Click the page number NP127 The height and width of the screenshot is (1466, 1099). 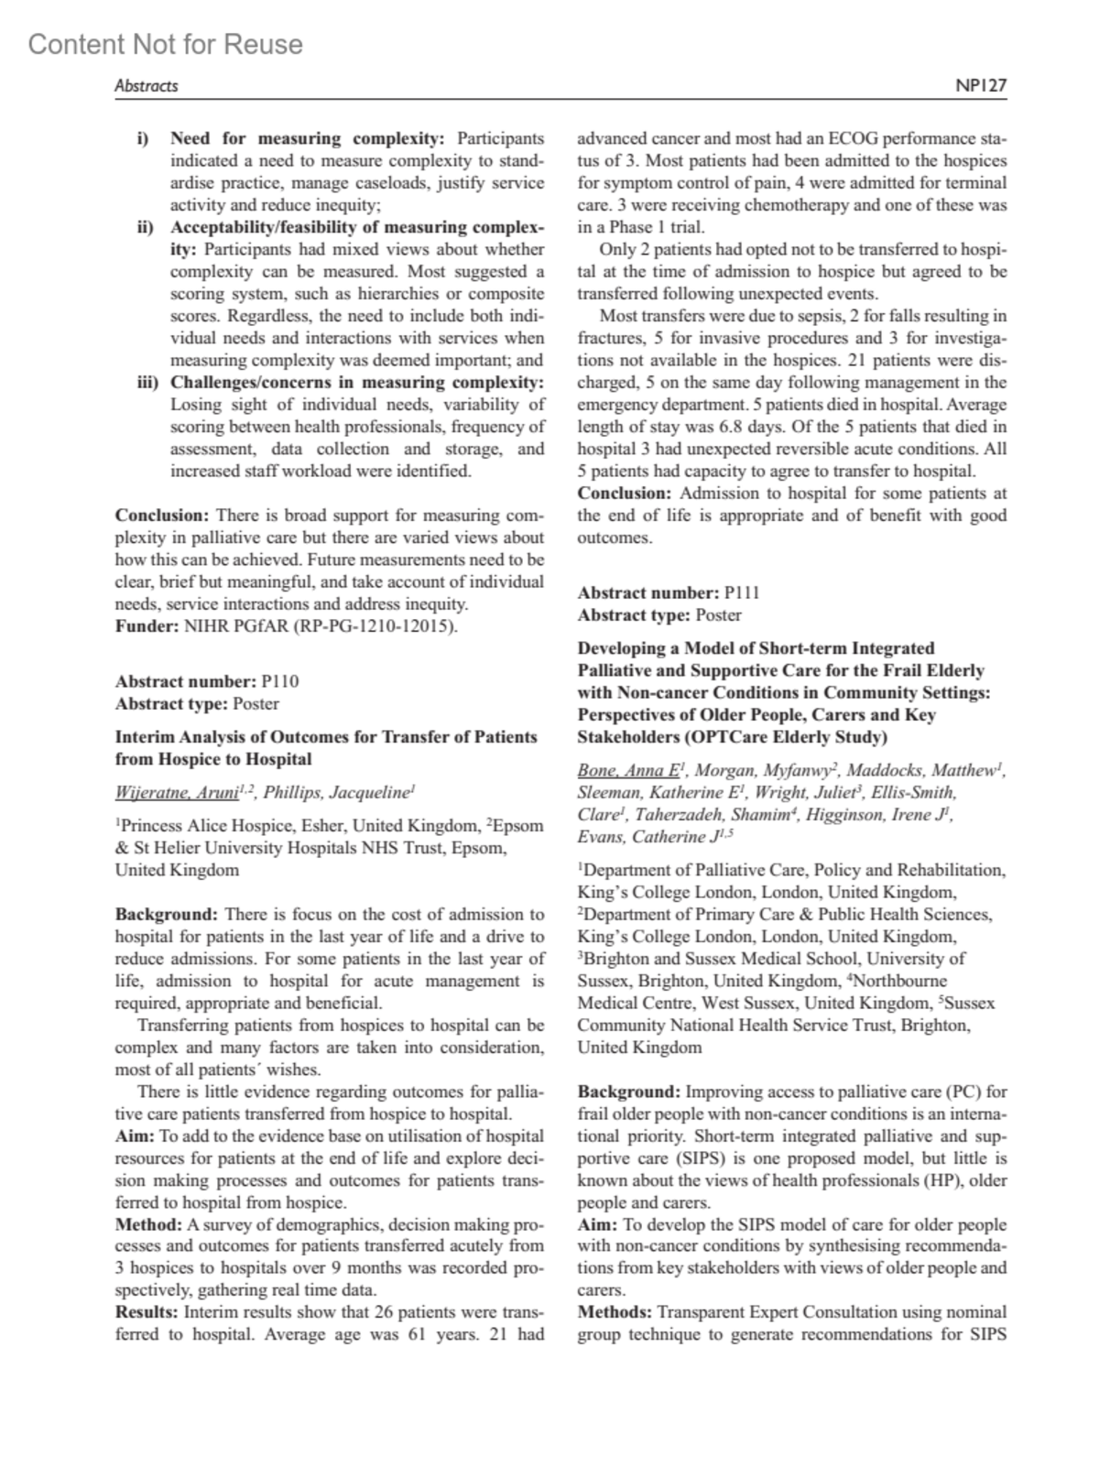click(x=980, y=85)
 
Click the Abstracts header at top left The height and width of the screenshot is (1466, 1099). click(x=146, y=85)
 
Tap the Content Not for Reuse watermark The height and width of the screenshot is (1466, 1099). click(x=166, y=44)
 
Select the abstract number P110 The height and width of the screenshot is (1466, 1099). click(x=279, y=681)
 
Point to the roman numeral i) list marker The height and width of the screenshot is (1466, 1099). click(x=143, y=139)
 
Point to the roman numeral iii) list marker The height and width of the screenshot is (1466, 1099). click(x=147, y=382)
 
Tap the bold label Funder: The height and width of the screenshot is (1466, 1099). click(x=147, y=626)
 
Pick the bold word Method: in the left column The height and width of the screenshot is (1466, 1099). click(x=148, y=1224)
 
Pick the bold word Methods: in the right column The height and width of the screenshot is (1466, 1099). click(x=615, y=1312)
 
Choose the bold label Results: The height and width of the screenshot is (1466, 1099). click(x=147, y=1312)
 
